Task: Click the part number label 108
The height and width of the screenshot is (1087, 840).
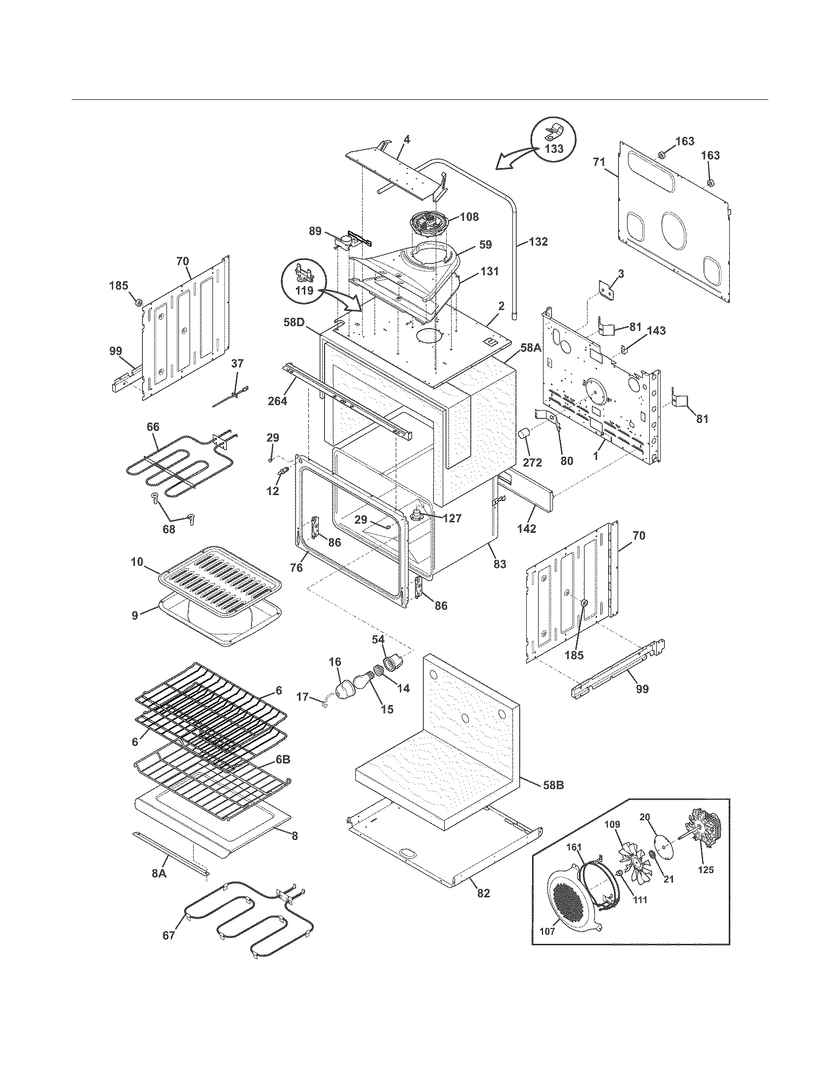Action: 469,217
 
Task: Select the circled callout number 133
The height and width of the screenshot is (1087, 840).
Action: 553,149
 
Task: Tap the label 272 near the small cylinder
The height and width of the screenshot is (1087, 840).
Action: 532,462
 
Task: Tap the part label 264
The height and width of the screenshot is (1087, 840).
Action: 277,400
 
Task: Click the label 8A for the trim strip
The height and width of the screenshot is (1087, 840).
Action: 159,873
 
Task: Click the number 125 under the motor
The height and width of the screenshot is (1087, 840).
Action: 706,870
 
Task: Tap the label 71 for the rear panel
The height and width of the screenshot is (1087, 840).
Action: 599,162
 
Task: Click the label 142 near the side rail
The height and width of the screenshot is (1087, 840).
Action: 527,529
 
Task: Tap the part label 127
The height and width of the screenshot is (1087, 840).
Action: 452,518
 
